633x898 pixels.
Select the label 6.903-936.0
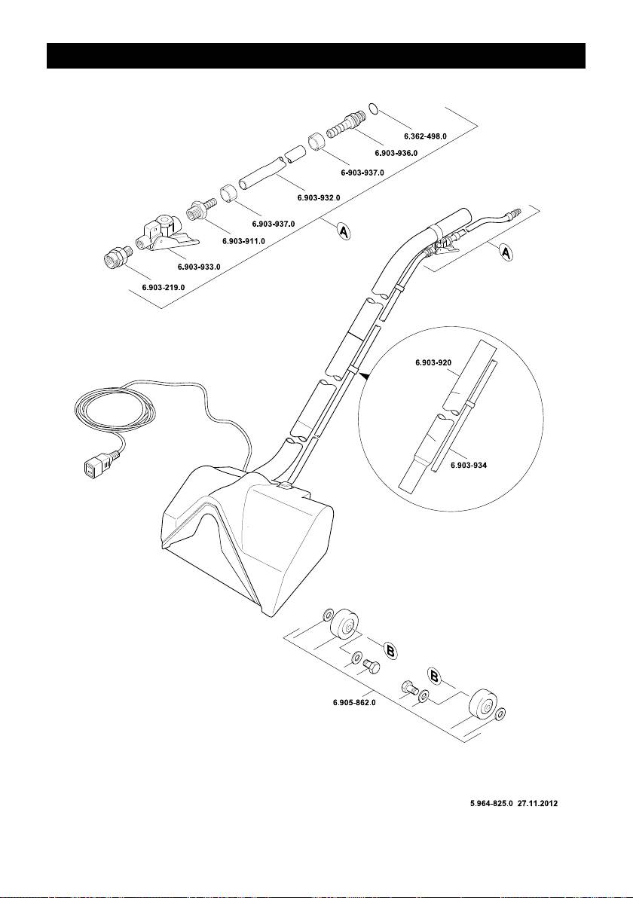[x=396, y=153]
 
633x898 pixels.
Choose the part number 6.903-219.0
[x=163, y=288]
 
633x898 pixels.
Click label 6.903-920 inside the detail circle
[x=433, y=363]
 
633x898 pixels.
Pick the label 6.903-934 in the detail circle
[x=469, y=466]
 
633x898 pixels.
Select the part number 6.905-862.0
[x=354, y=702]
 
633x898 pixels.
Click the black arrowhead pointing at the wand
[x=365, y=374]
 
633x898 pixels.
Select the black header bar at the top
[x=316, y=56]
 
